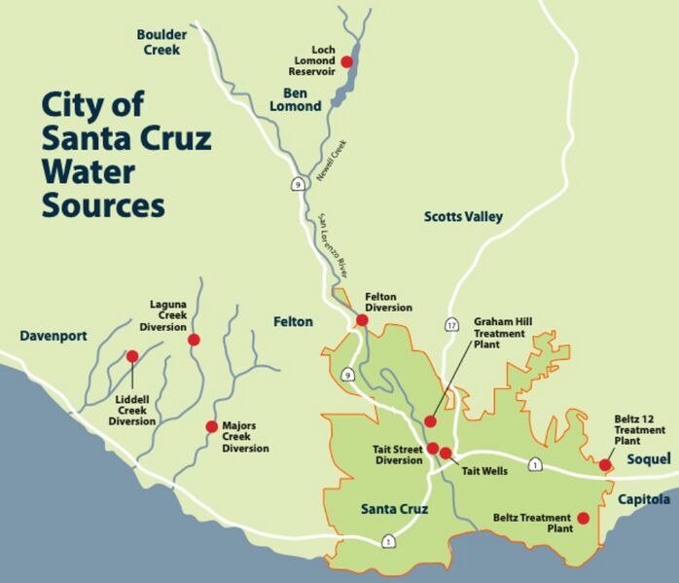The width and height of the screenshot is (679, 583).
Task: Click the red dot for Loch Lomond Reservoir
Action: coord(346,61)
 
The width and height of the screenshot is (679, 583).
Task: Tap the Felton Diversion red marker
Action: coord(362,319)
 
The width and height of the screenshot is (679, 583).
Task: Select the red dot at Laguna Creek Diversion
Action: coord(194,340)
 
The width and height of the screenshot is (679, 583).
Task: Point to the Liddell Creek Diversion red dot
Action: coord(132,356)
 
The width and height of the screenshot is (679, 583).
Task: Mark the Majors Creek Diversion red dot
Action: coord(211,426)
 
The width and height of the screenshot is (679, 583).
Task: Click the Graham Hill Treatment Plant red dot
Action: coord(431,421)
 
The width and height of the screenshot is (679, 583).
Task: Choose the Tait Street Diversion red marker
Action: coord(433,448)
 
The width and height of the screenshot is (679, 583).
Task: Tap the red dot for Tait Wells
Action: coord(446,453)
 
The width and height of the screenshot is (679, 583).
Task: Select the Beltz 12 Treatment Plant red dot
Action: coord(605,465)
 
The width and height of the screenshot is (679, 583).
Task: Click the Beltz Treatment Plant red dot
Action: coord(584,518)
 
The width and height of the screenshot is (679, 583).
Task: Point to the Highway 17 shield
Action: coord(451,324)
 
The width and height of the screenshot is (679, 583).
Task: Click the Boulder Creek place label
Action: coord(161,41)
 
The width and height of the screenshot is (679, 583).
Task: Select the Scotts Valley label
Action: coord(463,217)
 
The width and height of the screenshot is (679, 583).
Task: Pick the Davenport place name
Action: coord(54,336)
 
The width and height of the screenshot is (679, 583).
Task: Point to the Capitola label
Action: coord(643,499)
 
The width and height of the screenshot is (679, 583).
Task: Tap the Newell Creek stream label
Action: coord(331,158)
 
